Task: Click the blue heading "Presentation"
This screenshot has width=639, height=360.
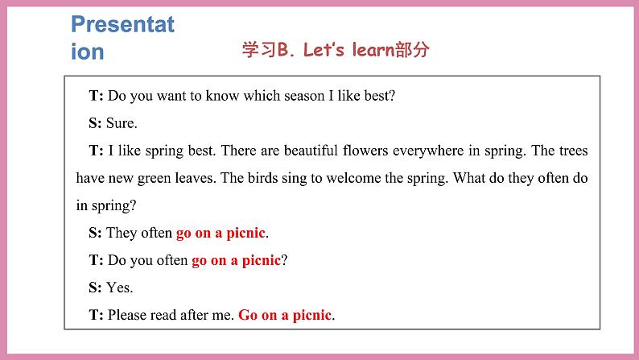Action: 122,37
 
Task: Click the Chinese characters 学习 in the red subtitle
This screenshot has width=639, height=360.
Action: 258,50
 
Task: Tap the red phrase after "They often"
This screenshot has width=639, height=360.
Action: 221,234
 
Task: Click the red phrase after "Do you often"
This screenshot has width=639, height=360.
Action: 236,261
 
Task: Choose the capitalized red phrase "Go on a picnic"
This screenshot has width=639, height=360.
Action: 285,316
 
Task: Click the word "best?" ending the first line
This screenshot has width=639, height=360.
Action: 377,96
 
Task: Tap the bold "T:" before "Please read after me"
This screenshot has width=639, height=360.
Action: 96,316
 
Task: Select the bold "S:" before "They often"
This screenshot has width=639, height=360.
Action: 95,234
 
